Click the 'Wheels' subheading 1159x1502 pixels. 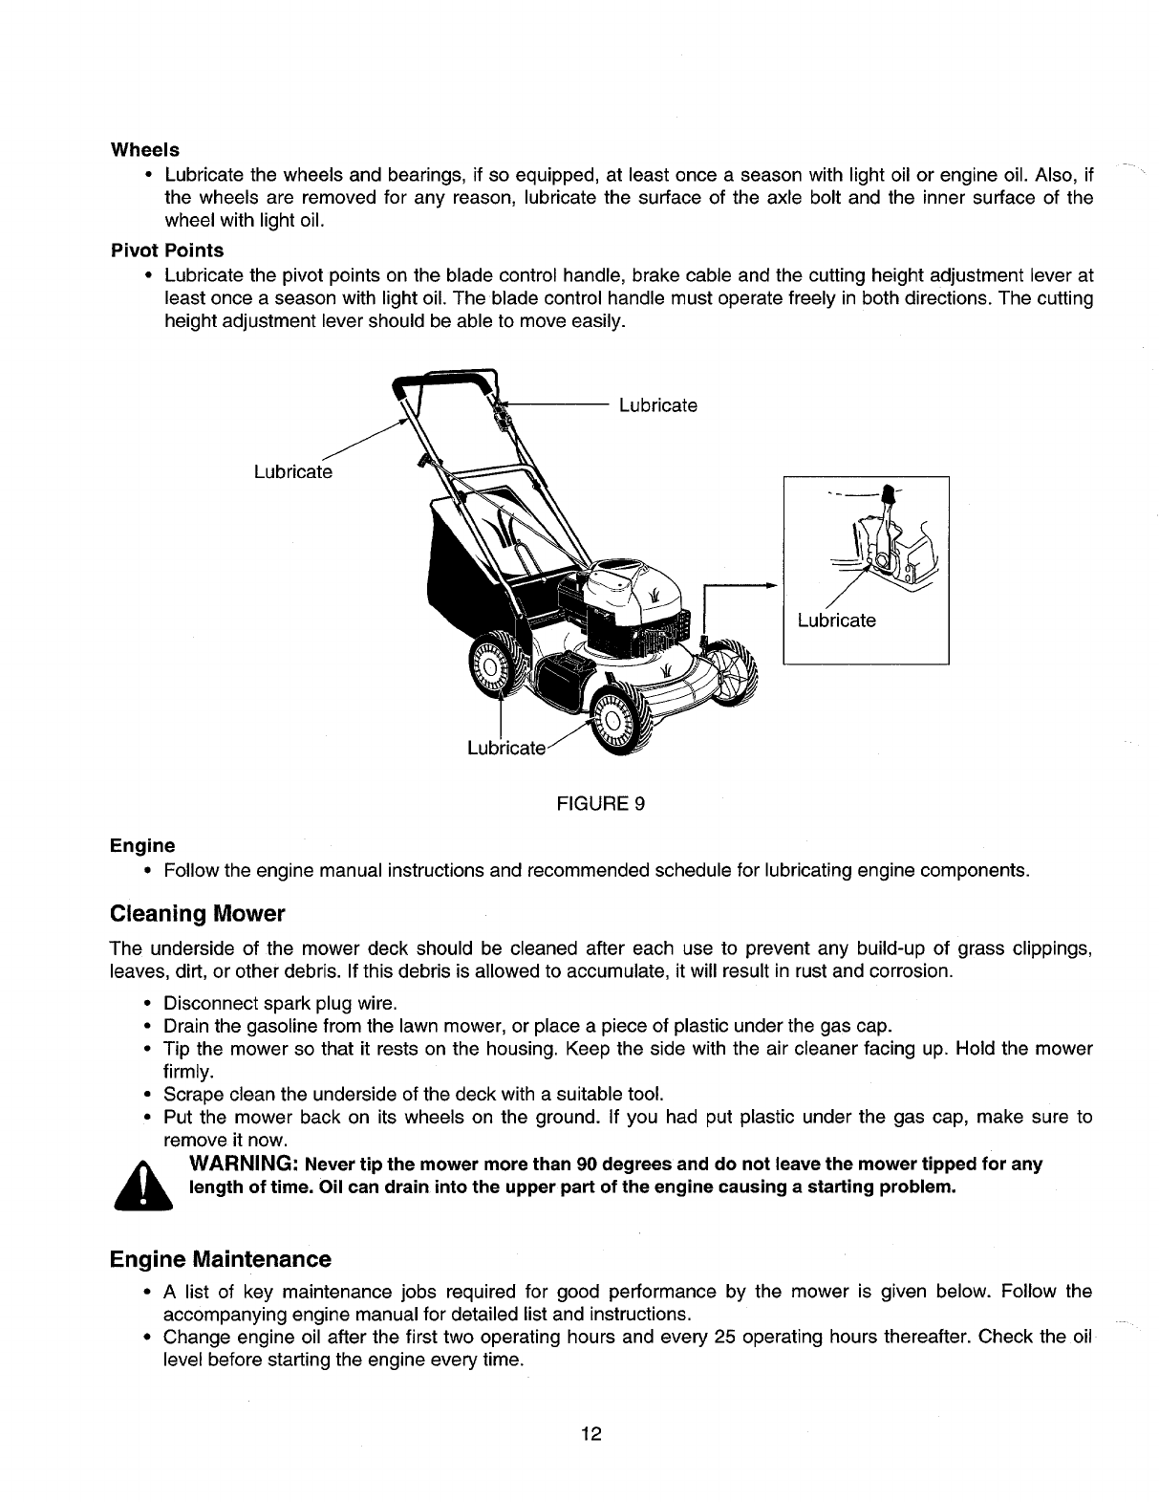point(145,150)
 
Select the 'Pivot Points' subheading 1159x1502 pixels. point(167,250)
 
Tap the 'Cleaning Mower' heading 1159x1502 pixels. point(198,914)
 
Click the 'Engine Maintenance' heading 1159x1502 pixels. point(221,1258)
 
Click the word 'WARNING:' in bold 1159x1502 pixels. point(247,1165)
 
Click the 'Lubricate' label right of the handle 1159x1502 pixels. point(658,405)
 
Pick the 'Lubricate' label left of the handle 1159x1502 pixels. point(292,472)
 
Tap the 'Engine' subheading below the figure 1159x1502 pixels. point(143,846)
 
